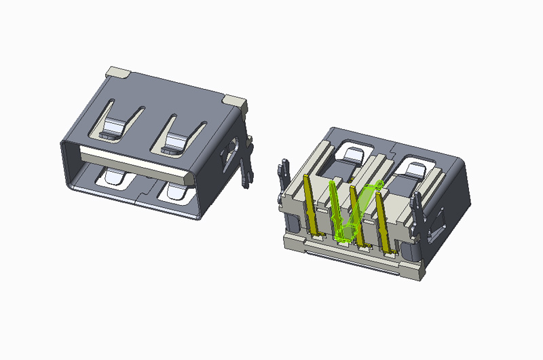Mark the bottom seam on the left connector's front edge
tap(141, 200)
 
